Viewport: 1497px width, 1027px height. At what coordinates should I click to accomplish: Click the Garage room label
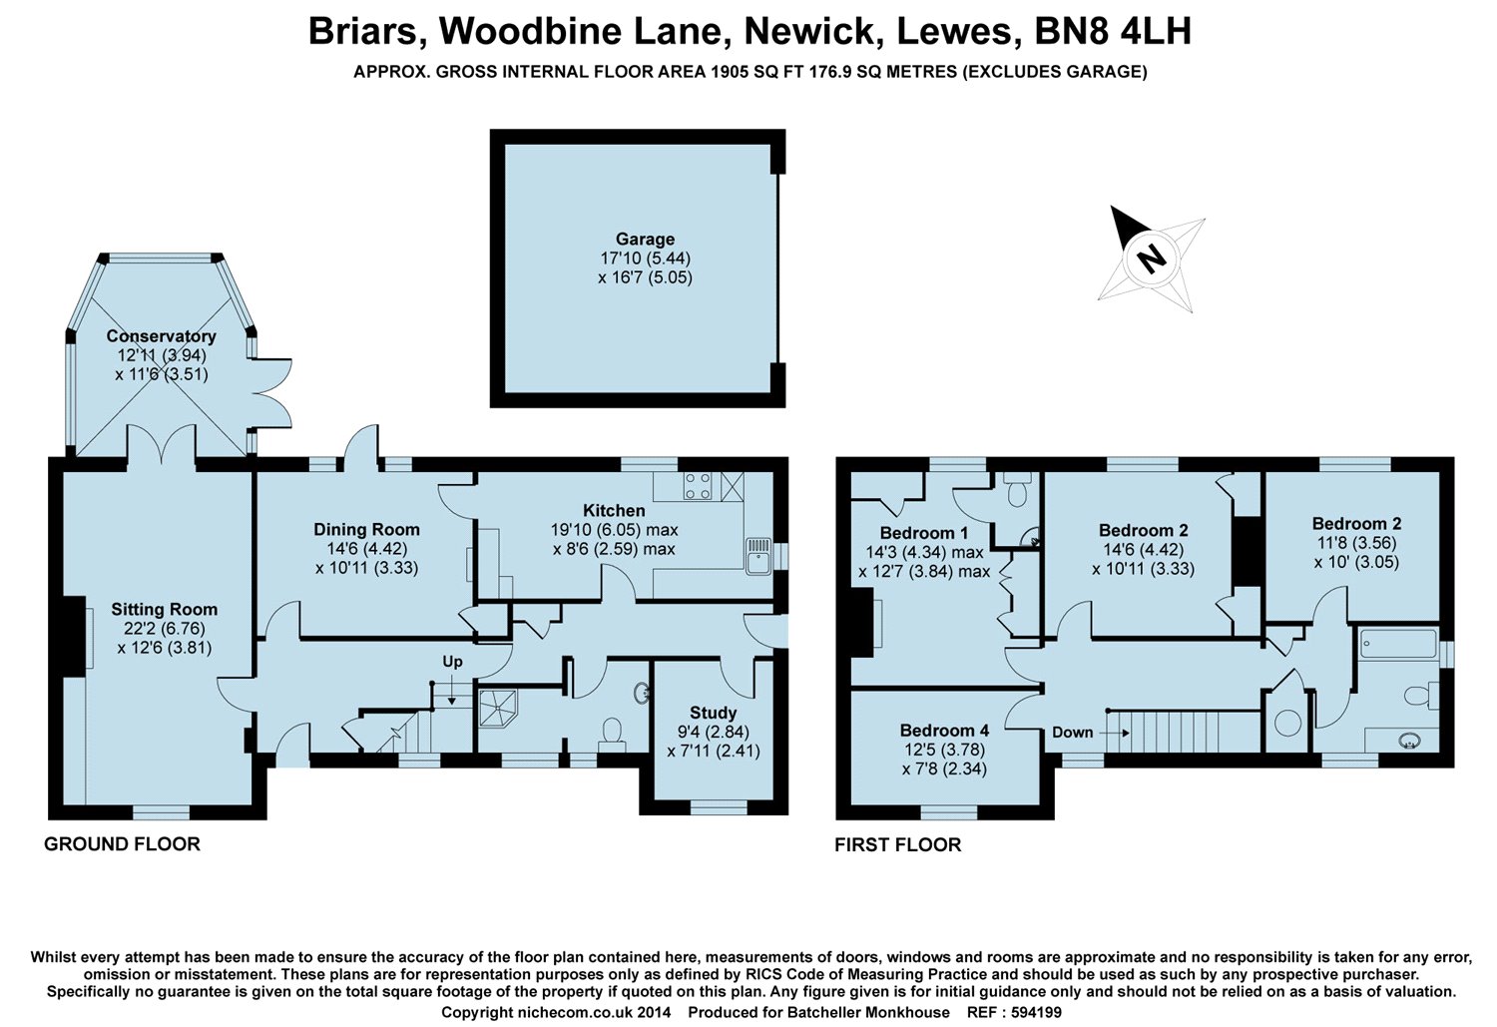pos(645,240)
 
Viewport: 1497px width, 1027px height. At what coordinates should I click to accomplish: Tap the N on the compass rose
pos(1152,258)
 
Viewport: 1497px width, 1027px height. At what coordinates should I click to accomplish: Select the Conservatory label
pos(161,336)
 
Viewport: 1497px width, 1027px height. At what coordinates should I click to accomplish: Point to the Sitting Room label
pos(164,609)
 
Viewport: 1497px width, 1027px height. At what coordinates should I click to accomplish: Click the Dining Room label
pos(366,529)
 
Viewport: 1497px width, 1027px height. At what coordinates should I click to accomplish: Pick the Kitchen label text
pos(614,510)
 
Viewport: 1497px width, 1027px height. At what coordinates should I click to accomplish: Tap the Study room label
pos(713,713)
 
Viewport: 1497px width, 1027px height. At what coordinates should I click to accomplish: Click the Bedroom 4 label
pos(944,731)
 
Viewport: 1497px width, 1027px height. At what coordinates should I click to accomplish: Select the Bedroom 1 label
pos(923,533)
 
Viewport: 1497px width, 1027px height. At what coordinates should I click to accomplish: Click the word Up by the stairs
pos(453,662)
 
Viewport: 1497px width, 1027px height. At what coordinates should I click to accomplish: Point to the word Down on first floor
pos(1073,733)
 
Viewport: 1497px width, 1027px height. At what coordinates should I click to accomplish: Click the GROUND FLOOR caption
pos(122,844)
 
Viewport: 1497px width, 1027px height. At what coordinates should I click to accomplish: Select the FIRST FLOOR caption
pos(897,845)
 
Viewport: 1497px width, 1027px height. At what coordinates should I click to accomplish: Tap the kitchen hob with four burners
pos(698,486)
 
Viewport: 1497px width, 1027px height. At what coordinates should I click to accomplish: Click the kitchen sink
pos(756,556)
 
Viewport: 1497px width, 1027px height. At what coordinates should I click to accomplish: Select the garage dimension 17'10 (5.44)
pos(645,258)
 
